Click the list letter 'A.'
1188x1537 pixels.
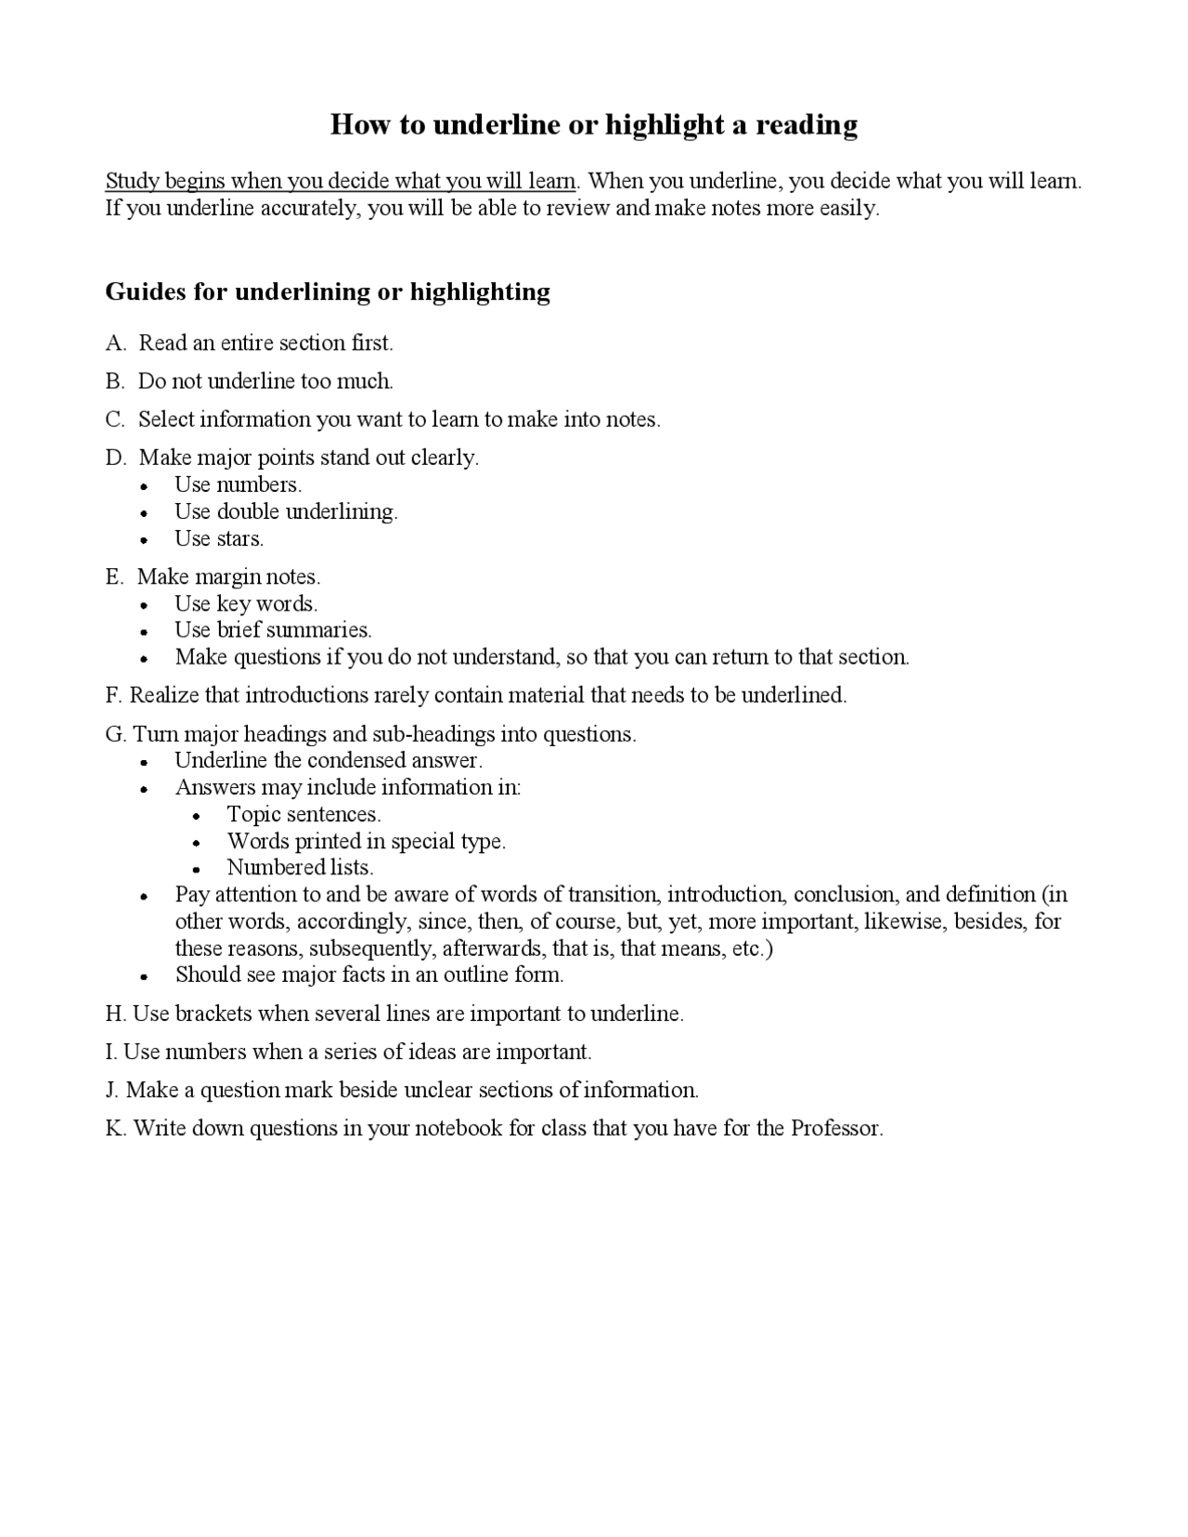coord(116,343)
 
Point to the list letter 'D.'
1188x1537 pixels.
coord(116,458)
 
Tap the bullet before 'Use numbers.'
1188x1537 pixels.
coord(144,486)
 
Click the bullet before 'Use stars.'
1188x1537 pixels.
coord(144,540)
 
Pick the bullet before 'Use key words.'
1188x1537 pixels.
coord(144,605)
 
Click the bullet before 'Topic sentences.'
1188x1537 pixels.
coord(196,817)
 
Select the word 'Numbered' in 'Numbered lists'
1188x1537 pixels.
coord(263,868)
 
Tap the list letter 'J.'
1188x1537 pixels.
coord(112,1090)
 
